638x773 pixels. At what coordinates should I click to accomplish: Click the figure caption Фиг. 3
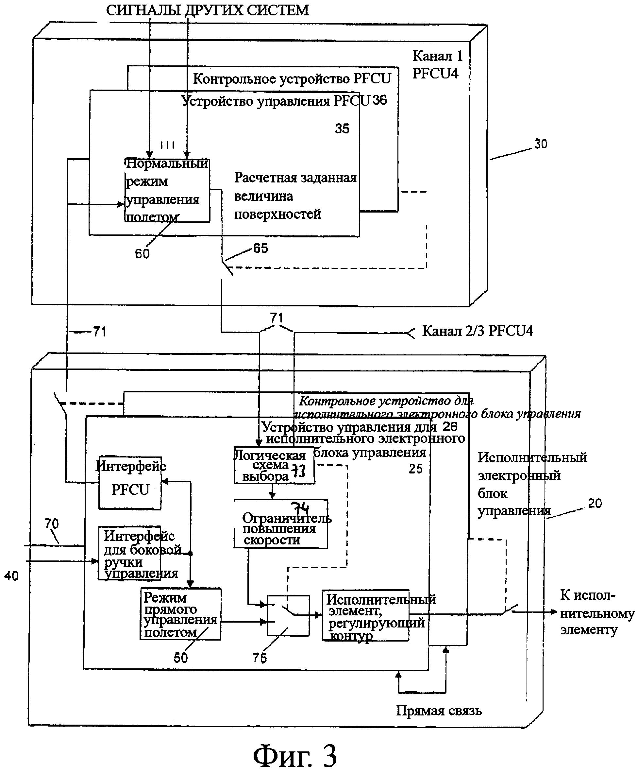[x=295, y=756]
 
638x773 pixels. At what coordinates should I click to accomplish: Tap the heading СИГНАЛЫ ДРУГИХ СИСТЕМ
[x=208, y=10]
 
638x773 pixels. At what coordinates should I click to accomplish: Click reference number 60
[x=142, y=254]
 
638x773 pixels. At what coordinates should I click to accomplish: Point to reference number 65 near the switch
[x=260, y=248]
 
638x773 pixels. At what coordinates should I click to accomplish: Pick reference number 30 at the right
[x=541, y=144]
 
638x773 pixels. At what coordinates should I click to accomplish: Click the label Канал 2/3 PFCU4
[x=477, y=331]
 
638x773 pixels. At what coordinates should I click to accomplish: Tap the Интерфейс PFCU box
[x=130, y=483]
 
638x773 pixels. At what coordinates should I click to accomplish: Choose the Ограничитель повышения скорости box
[x=281, y=525]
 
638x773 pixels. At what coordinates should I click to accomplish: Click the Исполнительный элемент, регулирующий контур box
[x=366, y=616]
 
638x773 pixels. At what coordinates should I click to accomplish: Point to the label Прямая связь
[x=439, y=711]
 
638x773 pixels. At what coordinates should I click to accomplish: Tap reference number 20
[x=595, y=503]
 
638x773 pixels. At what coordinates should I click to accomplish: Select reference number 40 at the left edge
[x=11, y=576]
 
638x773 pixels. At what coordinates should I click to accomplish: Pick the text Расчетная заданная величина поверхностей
[x=295, y=196]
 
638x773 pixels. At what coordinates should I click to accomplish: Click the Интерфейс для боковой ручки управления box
[x=129, y=553]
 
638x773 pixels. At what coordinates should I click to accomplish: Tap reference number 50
[x=180, y=658]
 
